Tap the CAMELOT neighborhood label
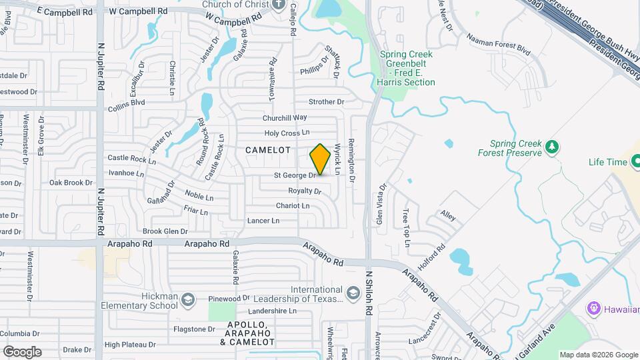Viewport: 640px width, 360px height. [268, 150]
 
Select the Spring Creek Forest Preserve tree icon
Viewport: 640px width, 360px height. [551, 146]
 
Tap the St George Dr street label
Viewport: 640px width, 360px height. [295, 175]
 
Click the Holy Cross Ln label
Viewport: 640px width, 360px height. [287, 133]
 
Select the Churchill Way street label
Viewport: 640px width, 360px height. [284, 117]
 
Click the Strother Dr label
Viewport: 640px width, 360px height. [326, 102]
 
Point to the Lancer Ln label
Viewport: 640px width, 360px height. [263, 221]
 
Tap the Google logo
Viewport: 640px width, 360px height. [22, 351]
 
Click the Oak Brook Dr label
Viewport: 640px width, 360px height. [70, 182]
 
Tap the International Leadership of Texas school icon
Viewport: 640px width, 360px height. [353, 292]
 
